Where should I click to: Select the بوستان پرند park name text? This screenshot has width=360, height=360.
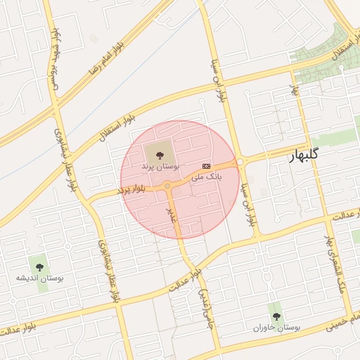(160, 167)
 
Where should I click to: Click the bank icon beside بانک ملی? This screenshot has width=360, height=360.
(206, 165)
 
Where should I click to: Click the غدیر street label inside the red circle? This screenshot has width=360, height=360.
(171, 213)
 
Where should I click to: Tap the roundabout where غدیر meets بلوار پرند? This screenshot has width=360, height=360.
(168, 186)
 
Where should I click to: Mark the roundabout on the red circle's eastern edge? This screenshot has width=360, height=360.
(240, 162)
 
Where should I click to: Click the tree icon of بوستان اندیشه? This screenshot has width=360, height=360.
(39, 266)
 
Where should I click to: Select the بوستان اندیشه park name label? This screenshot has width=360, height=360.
(39, 279)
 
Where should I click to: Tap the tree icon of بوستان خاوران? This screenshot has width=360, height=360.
(275, 316)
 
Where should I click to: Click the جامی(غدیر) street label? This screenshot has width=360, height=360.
(203, 309)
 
